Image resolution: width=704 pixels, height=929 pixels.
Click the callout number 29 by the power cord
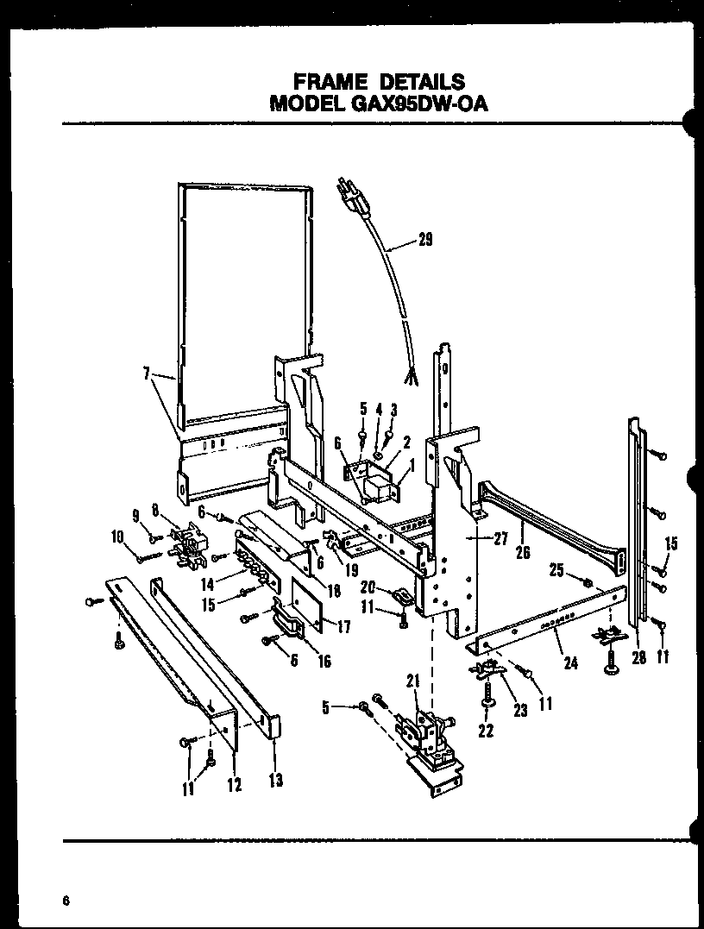point(424,241)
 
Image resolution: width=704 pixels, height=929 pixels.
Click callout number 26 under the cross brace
point(523,553)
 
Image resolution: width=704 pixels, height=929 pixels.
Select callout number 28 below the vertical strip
point(638,657)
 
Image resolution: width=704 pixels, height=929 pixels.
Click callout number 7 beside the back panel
point(147,374)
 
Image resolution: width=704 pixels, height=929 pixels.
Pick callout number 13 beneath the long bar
point(275,781)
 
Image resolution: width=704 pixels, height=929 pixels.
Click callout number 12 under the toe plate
point(234,784)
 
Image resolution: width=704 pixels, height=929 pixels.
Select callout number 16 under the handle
point(324,661)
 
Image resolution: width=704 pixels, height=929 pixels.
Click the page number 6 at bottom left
point(65,901)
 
